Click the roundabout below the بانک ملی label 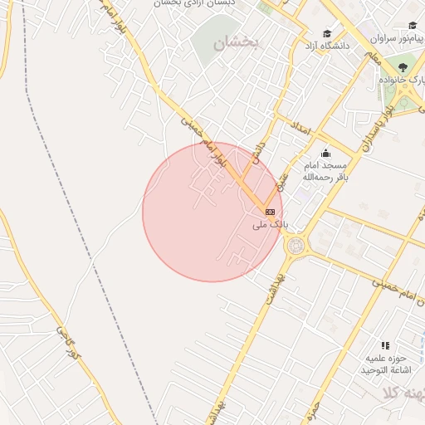(295, 245)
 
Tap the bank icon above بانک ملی (270, 212)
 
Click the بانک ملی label (270, 224)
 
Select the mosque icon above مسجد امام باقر (325, 153)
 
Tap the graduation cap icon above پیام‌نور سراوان (412, 26)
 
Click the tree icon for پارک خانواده (403, 67)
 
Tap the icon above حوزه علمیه (384, 344)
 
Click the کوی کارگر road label (66, 342)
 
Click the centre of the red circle (212, 212)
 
